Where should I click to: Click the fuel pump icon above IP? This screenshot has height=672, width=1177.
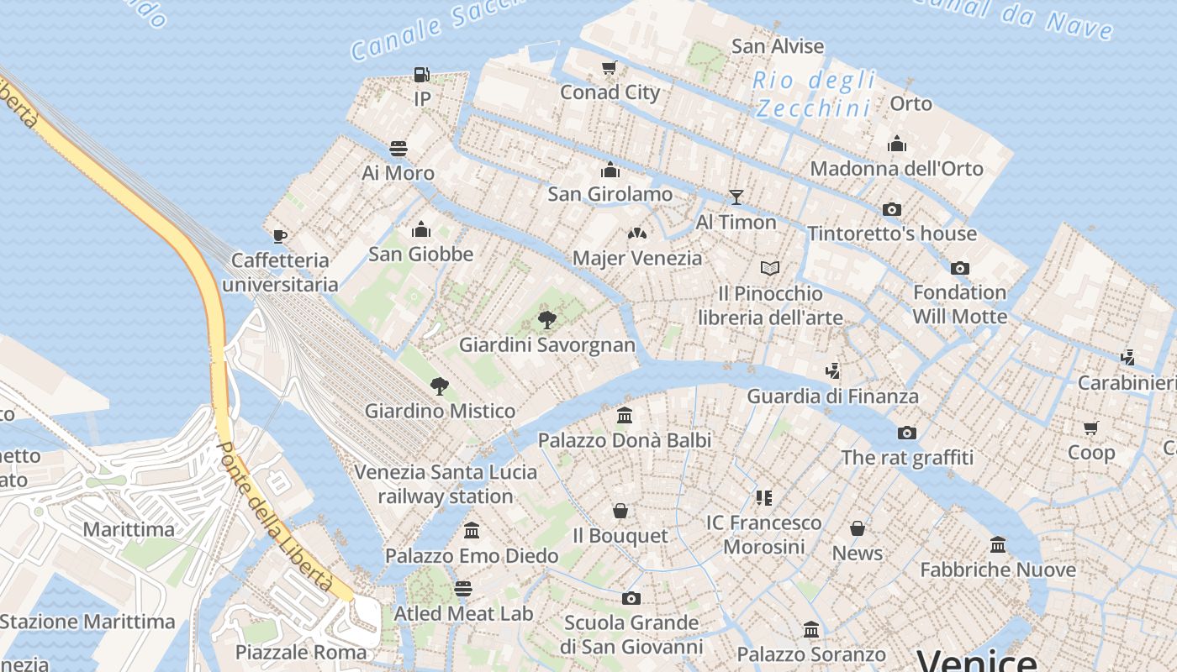[422, 75]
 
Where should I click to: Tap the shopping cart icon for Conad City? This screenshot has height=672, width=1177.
[610, 68]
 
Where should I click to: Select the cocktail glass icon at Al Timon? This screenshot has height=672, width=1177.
[736, 197]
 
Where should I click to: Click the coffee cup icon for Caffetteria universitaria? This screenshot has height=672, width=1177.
[280, 236]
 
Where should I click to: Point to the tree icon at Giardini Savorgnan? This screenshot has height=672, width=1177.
[547, 320]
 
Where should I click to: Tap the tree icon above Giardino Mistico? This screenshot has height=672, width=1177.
[439, 386]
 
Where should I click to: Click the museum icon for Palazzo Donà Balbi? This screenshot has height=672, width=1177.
[625, 415]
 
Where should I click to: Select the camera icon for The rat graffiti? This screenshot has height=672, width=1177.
[907, 433]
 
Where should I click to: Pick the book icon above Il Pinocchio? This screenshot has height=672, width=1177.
[770, 269]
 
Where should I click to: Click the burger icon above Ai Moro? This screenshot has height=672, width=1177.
[398, 149]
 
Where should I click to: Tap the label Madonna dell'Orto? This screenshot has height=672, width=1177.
[896, 169]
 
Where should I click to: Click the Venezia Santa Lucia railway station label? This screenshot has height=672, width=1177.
[446, 484]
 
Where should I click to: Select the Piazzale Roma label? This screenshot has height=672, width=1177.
[301, 652]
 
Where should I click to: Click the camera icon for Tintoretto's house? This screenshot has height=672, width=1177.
[892, 209]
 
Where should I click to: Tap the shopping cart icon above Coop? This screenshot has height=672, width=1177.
[1091, 428]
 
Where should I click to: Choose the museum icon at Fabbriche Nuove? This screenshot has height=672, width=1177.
[998, 545]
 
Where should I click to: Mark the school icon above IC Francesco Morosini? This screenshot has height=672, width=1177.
[763, 498]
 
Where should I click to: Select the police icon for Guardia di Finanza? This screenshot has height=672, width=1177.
[832, 370]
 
